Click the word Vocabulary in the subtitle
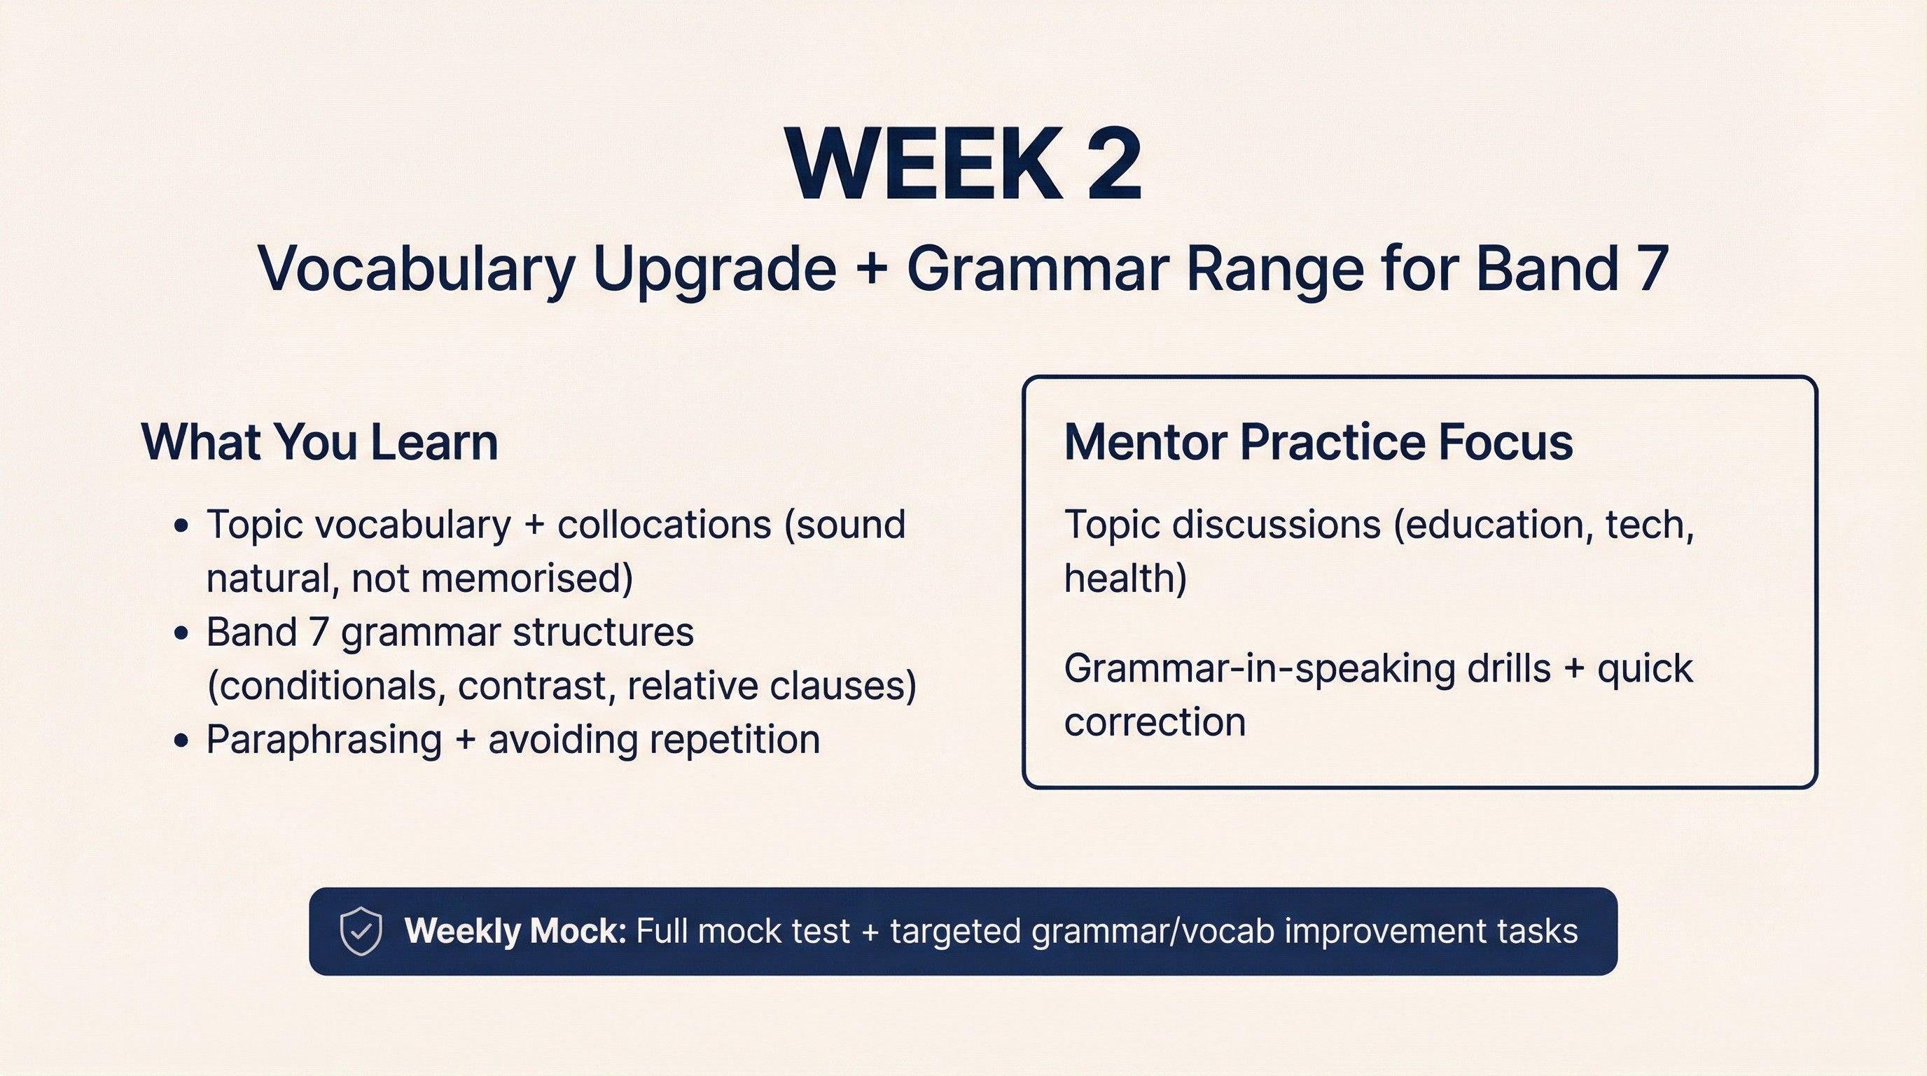click(x=415, y=268)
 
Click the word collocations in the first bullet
click(x=665, y=524)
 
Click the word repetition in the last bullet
click(x=735, y=739)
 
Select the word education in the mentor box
click(x=1489, y=524)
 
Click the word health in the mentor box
click(x=1125, y=578)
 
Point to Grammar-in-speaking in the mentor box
click(x=1260, y=668)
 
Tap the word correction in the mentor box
click(x=1155, y=722)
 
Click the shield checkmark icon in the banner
click(x=361, y=931)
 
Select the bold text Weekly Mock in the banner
click(x=515, y=932)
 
